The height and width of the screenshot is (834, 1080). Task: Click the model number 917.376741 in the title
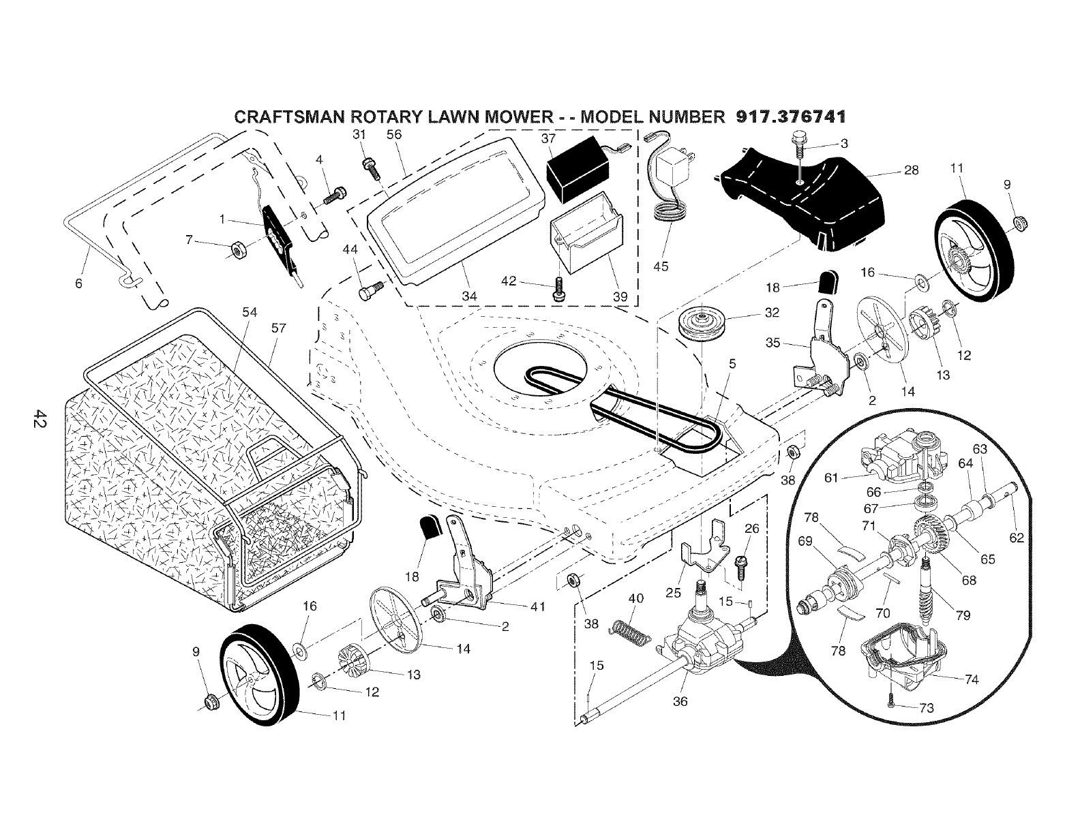pos(791,117)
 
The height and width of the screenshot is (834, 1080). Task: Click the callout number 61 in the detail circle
pos(830,478)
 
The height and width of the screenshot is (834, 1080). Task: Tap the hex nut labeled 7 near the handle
pos(238,250)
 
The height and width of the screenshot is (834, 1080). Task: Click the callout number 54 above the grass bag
pos(250,311)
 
